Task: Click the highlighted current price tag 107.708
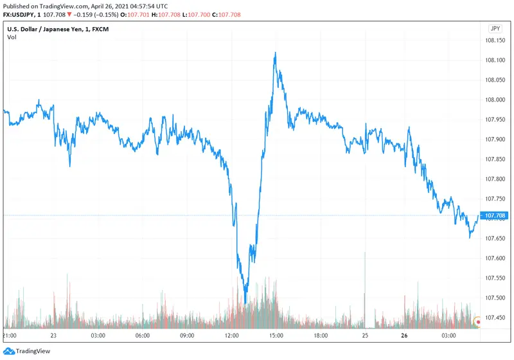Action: click(495, 215)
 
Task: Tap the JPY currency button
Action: click(495, 29)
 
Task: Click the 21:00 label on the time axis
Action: click(10, 336)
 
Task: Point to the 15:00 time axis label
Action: click(276, 336)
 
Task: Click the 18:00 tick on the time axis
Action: click(320, 336)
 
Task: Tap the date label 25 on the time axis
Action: click(364, 336)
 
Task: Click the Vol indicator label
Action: click(12, 37)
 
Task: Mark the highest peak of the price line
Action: click(275, 53)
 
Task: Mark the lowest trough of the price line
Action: click(245, 302)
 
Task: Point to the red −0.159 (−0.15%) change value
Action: click(96, 15)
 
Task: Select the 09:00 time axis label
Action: click(187, 336)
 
